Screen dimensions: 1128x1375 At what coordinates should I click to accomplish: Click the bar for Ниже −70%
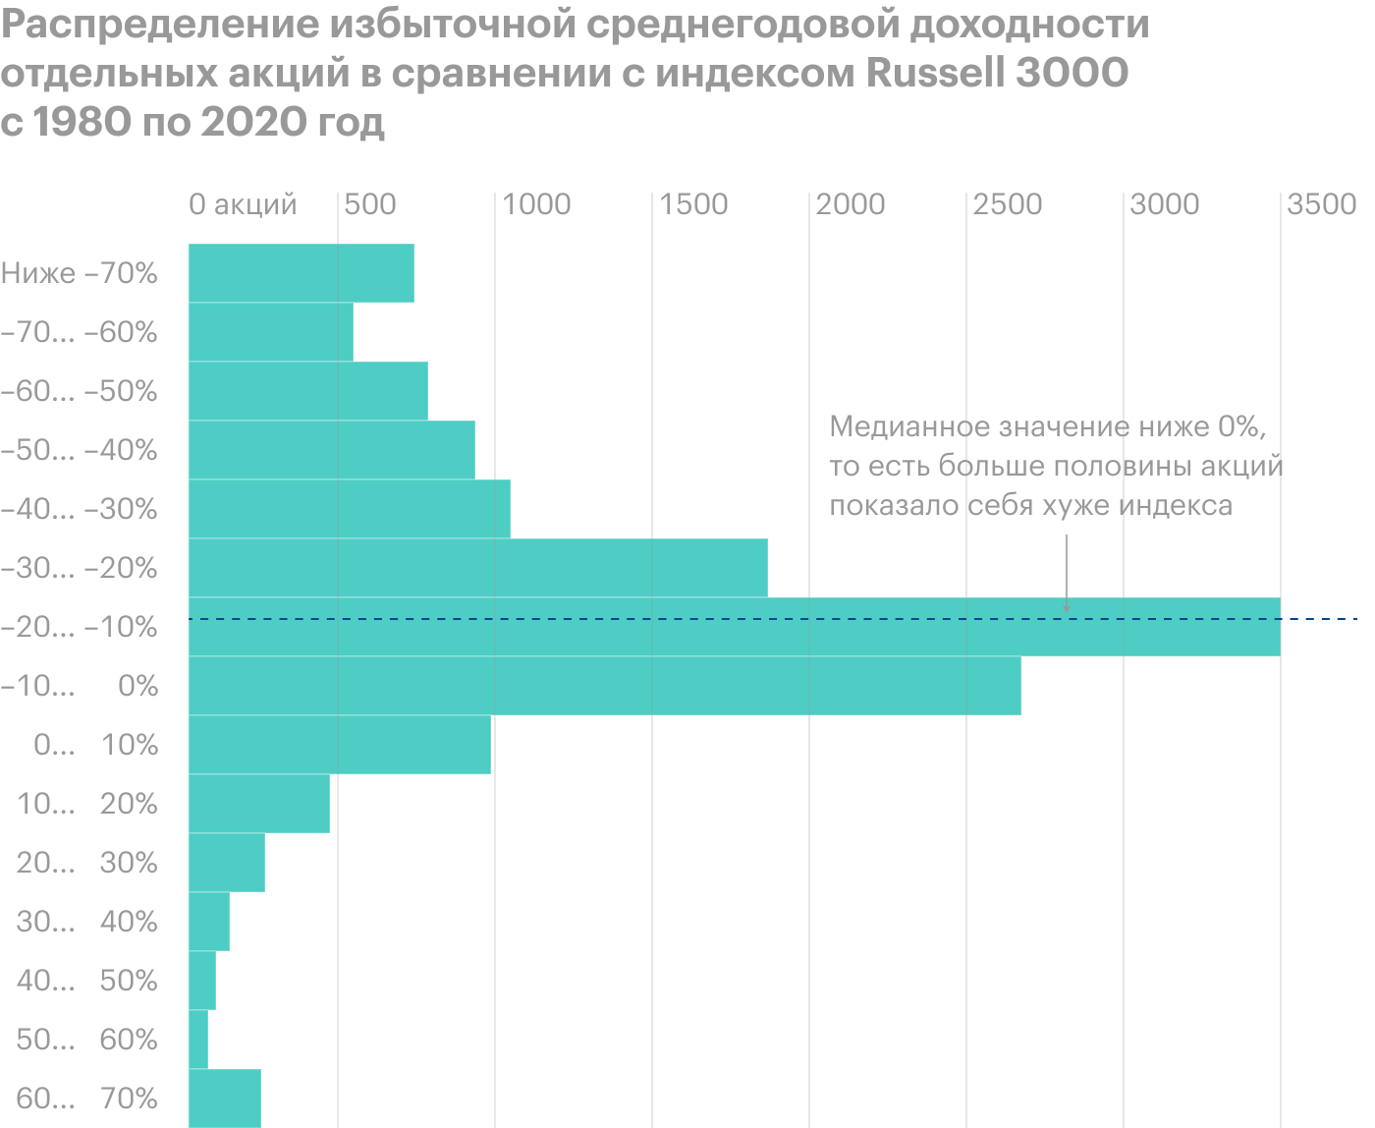(x=301, y=272)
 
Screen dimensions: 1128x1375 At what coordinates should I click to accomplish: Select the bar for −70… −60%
(x=270, y=332)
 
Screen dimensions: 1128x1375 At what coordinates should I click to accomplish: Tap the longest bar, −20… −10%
(x=734, y=627)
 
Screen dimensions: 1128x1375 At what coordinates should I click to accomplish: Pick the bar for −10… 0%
(x=604, y=686)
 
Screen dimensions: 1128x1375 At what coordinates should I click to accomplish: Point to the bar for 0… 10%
(x=339, y=745)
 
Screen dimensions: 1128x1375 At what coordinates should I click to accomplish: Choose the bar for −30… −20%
(x=477, y=568)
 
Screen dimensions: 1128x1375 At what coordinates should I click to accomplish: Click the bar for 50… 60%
(x=197, y=1040)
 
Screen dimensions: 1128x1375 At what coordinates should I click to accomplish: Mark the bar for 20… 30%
(x=226, y=863)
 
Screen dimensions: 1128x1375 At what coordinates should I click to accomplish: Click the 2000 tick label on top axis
(x=851, y=204)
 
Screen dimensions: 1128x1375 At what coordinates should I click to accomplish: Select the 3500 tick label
(x=1322, y=204)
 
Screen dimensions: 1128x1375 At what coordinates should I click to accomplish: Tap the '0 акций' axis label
(x=243, y=204)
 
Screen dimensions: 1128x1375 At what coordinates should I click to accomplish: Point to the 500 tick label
(x=371, y=204)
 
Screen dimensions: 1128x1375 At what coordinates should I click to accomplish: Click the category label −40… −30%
(x=80, y=509)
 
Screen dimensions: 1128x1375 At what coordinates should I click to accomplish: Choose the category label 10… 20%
(x=87, y=804)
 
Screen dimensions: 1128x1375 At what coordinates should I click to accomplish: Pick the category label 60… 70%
(x=87, y=1099)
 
